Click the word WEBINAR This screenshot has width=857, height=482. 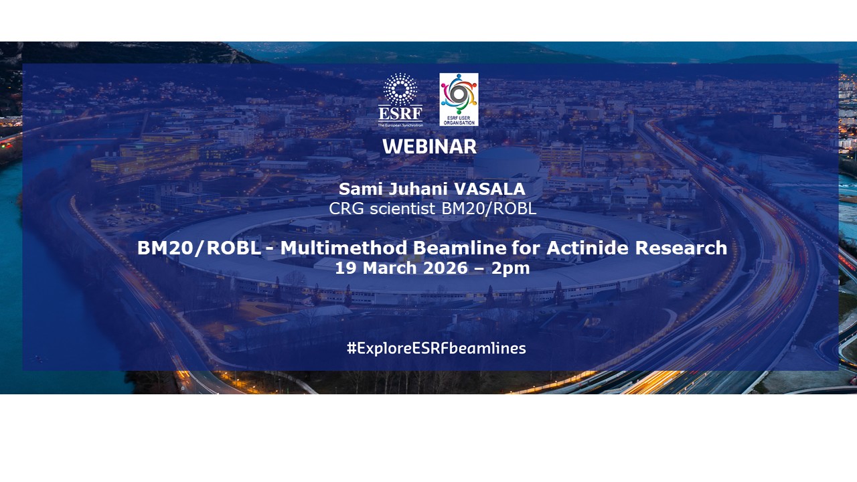(x=430, y=147)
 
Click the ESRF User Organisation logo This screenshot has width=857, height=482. (x=459, y=100)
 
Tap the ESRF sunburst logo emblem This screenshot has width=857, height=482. (x=400, y=90)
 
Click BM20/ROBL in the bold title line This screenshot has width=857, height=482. (x=199, y=248)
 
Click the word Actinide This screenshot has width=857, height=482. (x=588, y=248)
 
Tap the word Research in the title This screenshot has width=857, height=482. (x=681, y=248)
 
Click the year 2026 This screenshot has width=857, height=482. (x=445, y=268)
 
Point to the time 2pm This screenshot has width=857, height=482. (x=511, y=269)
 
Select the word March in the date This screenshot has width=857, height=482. (x=390, y=268)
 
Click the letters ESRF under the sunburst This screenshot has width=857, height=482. (x=400, y=113)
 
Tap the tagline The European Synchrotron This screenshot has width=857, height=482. (x=400, y=125)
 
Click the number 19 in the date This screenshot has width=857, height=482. (x=346, y=268)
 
